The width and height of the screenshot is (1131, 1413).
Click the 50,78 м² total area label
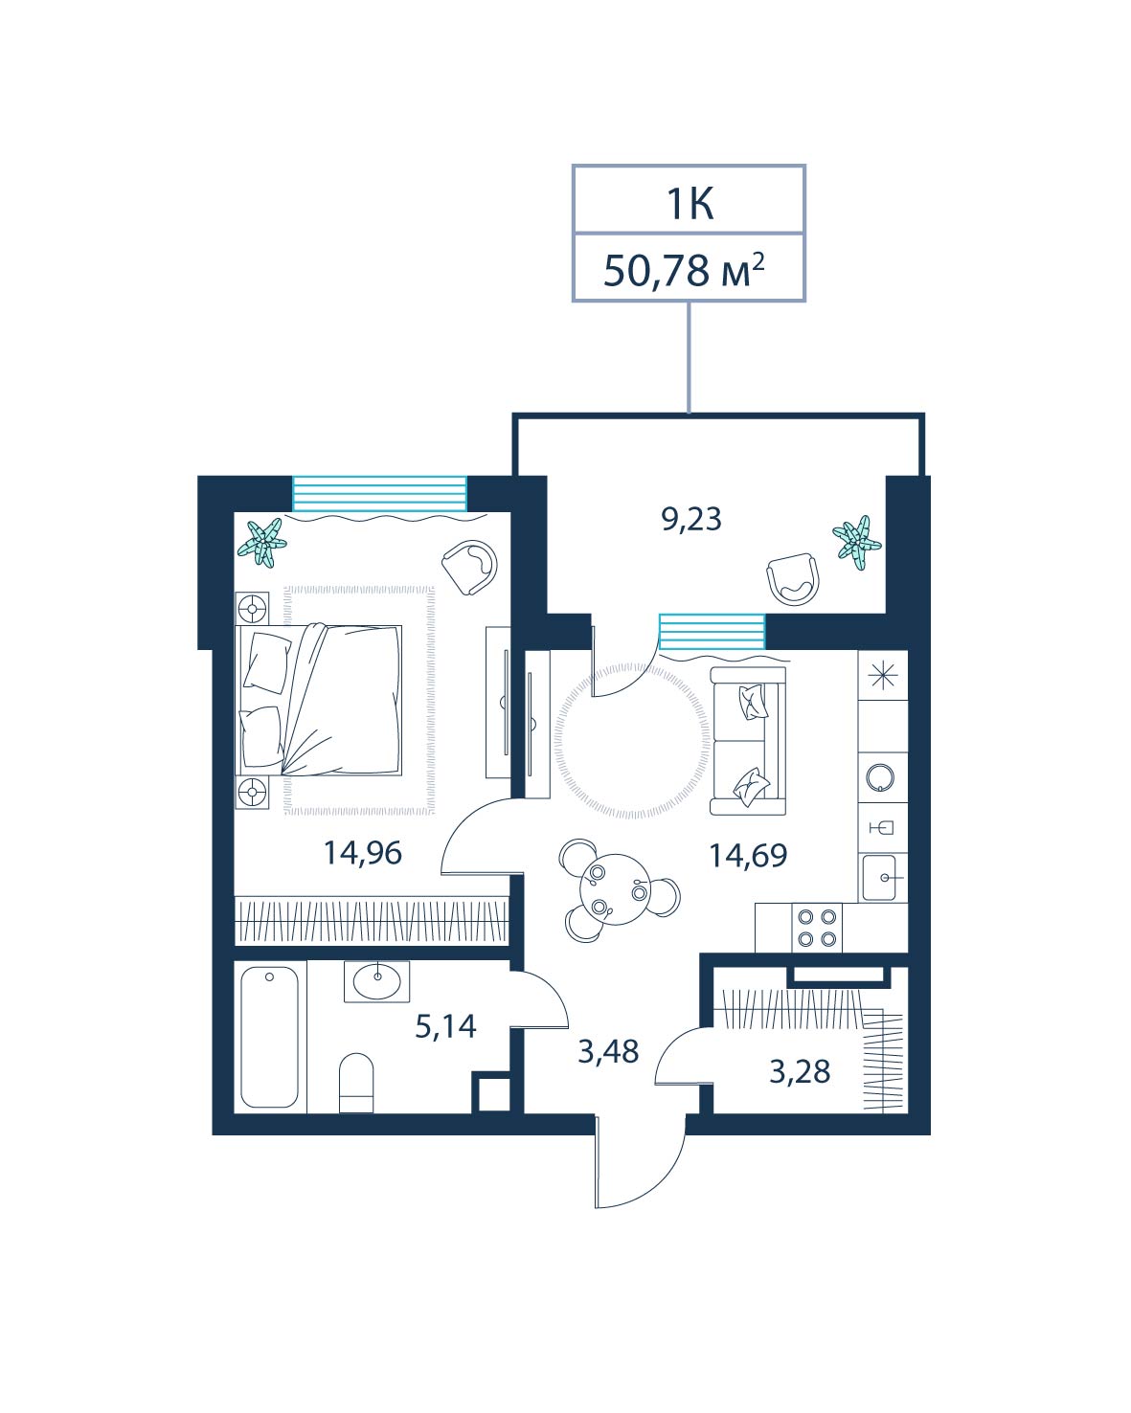(684, 270)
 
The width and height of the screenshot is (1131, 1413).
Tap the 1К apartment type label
(689, 204)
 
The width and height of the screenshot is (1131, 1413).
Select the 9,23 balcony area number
(690, 519)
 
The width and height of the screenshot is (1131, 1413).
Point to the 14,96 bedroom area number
(363, 853)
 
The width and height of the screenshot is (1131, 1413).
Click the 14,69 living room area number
(748, 856)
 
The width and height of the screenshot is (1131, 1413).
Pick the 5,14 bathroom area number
(445, 1026)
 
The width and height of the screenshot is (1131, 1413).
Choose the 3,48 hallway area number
(608, 1052)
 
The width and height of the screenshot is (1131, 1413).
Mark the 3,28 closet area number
(800, 1072)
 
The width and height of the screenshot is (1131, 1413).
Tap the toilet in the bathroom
(356, 1083)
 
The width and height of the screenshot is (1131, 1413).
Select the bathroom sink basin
(377, 982)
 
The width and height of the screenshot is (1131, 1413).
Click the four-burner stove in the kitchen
(817, 928)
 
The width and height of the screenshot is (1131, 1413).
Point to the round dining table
(615, 889)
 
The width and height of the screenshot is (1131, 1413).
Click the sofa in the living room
(748, 741)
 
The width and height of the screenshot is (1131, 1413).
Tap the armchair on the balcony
(793, 578)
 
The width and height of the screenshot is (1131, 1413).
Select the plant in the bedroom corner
(262, 543)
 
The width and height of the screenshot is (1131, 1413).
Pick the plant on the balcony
(856, 543)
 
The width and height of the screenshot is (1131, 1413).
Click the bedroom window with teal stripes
(379, 494)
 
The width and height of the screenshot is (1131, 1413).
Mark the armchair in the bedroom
(469, 568)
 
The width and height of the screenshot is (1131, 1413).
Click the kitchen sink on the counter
(879, 877)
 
